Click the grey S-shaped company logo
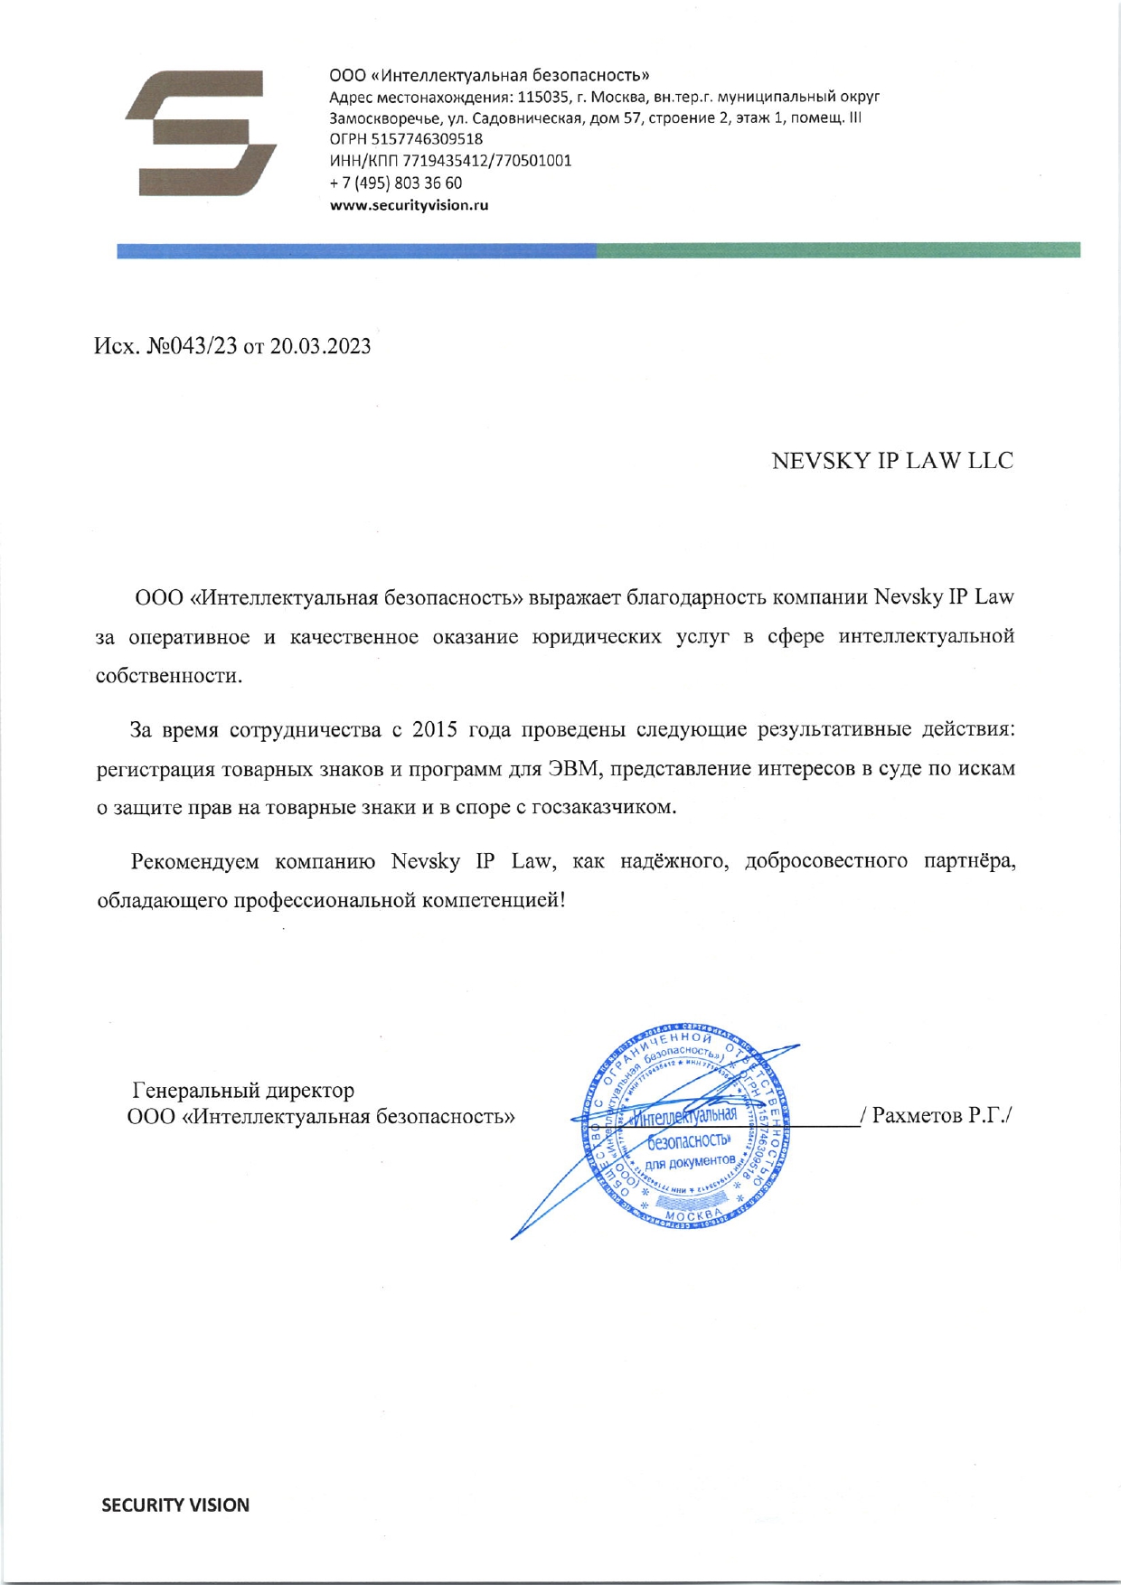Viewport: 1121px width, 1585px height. coord(201,133)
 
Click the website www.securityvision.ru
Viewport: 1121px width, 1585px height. coord(409,205)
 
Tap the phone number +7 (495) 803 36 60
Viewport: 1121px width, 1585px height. coord(396,183)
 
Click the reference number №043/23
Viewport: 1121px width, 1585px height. coord(187,347)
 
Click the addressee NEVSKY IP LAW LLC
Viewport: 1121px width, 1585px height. coord(891,461)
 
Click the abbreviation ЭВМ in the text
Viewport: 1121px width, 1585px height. coord(569,769)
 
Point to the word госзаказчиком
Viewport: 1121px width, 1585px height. coord(603,808)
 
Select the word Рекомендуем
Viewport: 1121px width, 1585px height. coord(194,861)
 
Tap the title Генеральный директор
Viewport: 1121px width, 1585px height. coord(244,1091)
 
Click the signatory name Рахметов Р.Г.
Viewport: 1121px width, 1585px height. coord(940,1116)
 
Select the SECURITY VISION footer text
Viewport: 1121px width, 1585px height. coord(175,1505)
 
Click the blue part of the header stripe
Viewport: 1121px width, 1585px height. coord(356,250)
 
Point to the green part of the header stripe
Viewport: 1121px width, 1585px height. coord(838,250)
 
